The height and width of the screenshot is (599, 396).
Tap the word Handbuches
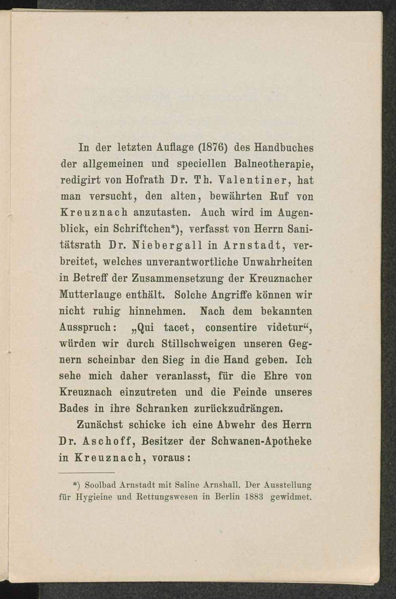click(x=284, y=148)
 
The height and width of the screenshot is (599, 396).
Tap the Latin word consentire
click(x=231, y=328)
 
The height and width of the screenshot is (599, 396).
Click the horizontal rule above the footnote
click(x=86, y=472)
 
